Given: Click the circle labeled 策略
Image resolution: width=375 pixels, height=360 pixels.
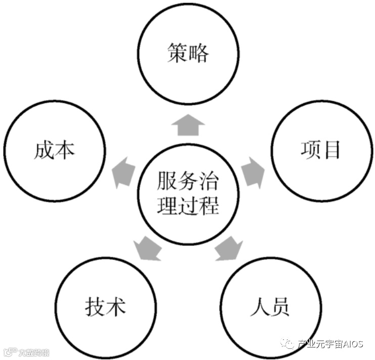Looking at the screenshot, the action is pyautogui.click(x=187, y=54).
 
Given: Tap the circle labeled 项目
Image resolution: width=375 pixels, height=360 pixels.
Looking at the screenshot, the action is pyautogui.click(x=321, y=150).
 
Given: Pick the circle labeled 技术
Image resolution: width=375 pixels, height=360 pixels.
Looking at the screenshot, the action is pyautogui.click(x=105, y=306).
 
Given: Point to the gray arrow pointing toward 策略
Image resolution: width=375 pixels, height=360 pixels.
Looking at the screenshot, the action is pyautogui.click(x=187, y=124).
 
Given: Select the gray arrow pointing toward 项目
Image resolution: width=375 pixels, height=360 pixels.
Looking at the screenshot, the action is pyautogui.click(x=252, y=171).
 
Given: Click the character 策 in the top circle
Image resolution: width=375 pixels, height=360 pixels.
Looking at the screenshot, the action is pyautogui.click(x=176, y=54).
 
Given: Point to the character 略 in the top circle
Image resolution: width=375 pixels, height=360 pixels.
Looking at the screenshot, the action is pyautogui.click(x=199, y=54).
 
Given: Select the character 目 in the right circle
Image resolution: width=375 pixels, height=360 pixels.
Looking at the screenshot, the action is pyautogui.click(x=332, y=150).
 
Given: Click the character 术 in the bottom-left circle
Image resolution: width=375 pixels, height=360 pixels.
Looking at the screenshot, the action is pyautogui.click(x=116, y=307).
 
